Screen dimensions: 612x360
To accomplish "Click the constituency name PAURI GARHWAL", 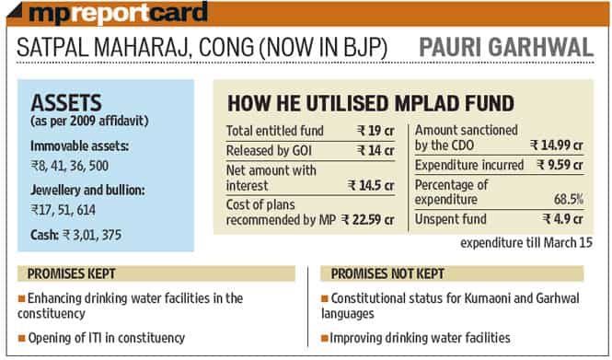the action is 506,47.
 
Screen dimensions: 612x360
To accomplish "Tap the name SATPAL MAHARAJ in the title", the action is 104,48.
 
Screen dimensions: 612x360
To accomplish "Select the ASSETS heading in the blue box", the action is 66,103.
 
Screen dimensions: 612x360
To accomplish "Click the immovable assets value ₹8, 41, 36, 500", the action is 70,166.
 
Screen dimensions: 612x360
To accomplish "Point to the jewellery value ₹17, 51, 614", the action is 64,210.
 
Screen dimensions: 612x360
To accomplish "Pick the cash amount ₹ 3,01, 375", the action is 92,235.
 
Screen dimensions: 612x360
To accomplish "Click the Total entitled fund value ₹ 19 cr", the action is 375,131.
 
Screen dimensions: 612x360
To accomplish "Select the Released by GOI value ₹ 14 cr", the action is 375,150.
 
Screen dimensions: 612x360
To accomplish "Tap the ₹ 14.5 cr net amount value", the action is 371,185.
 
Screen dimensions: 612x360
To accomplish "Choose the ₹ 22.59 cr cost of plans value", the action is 368,220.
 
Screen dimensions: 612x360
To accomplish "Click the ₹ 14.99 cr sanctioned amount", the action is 557,145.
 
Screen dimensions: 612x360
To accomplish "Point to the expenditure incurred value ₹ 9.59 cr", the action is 560,165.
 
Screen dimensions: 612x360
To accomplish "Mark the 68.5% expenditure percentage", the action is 569,200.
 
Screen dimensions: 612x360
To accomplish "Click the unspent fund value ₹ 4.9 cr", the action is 563,219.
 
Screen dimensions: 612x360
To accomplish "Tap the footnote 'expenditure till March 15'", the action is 526,243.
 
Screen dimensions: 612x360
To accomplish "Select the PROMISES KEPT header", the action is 72,273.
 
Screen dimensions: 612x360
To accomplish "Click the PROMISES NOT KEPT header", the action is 387,273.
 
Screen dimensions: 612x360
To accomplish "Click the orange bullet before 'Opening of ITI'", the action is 22,338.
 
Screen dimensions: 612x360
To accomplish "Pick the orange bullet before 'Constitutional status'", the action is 325,298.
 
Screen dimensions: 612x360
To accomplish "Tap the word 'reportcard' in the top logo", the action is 140,13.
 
